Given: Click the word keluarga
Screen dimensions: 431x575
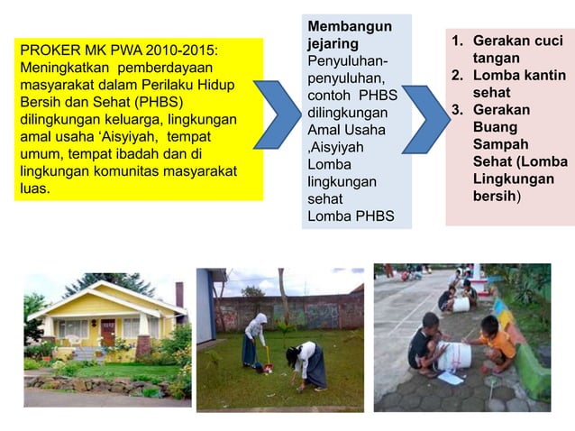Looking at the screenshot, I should (139, 120).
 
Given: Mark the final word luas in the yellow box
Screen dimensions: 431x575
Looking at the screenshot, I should (34, 189).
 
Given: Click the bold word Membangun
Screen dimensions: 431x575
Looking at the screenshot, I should (349, 26).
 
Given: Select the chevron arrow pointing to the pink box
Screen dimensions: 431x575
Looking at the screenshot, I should (424, 118).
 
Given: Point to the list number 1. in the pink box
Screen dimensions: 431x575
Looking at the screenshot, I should (458, 41).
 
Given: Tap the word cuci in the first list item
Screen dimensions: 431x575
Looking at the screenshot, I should (547, 41).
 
